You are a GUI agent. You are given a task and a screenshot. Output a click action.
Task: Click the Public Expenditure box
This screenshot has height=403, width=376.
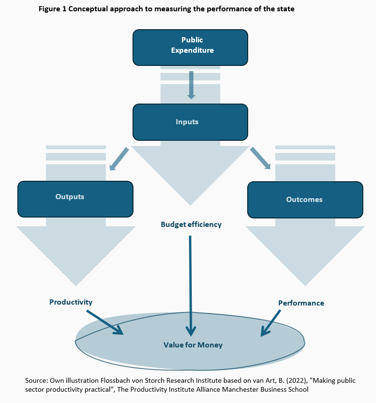click(x=190, y=47)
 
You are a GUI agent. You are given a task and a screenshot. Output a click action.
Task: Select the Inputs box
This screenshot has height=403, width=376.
click(x=190, y=122)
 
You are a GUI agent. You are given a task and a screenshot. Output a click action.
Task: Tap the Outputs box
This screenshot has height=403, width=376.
click(x=75, y=198)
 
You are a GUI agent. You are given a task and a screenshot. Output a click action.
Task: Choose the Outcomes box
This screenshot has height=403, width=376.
click(x=305, y=200)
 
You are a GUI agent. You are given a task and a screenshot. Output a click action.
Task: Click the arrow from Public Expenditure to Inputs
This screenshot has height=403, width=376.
click(x=191, y=85)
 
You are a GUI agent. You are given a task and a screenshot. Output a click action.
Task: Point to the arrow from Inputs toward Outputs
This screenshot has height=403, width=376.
click(x=118, y=159)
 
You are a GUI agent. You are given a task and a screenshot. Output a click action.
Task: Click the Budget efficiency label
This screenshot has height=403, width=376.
click(x=191, y=225)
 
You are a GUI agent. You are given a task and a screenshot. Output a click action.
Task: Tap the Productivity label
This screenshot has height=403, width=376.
click(x=71, y=302)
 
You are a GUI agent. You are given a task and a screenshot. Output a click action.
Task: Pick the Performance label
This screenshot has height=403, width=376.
click(x=301, y=303)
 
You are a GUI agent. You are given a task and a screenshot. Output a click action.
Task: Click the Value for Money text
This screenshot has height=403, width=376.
click(x=193, y=345)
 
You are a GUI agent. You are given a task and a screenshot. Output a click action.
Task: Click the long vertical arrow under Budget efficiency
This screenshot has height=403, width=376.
click(x=191, y=282)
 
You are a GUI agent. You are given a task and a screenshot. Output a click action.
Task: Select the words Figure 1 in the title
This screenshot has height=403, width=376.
click(x=54, y=9)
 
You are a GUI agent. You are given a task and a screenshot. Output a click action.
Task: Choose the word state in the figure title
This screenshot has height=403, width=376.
click(x=285, y=9)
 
